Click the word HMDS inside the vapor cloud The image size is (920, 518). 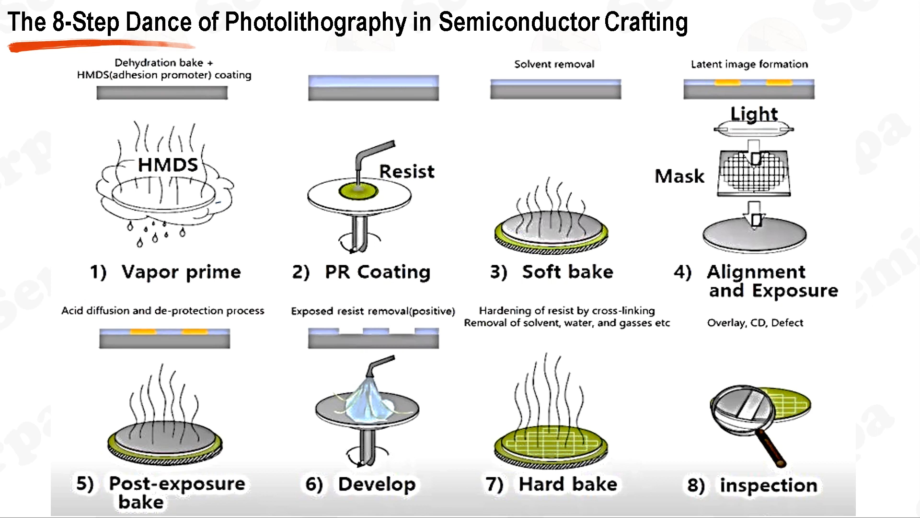click(168, 165)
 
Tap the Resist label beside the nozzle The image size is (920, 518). click(407, 171)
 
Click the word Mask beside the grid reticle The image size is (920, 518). click(679, 176)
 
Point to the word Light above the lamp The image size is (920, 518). click(754, 114)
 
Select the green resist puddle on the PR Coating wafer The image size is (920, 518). click(358, 190)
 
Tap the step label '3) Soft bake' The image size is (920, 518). click(552, 272)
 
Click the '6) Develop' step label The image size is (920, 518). click(360, 484)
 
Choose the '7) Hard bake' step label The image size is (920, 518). click(552, 484)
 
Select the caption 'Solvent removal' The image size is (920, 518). click(554, 64)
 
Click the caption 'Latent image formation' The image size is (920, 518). click(749, 64)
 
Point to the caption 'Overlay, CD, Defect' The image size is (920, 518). click(755, 323)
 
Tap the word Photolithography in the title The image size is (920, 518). click(315, 22)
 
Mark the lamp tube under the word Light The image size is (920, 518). click(753, 129)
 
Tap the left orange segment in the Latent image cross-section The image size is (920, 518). click(727, 83)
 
